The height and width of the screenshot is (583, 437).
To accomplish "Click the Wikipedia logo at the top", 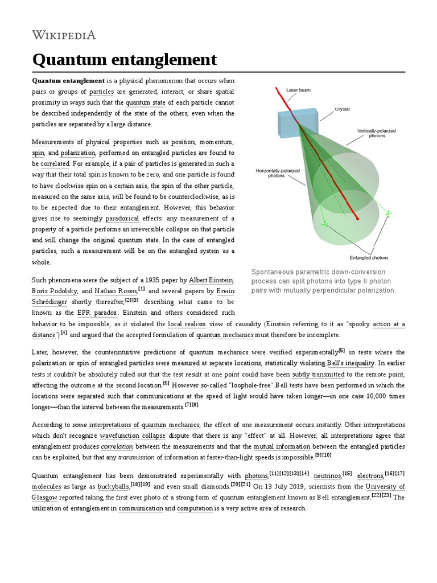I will pyautogui.click(x=64, y=35).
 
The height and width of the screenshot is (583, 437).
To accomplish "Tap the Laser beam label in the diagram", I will pyautogui.click(x=298, y=90).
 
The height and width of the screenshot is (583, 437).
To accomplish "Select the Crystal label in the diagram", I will pyautogui.click(x=342, y=109).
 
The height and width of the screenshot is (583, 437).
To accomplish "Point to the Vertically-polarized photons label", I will pyautogui.click(x=376, y=133).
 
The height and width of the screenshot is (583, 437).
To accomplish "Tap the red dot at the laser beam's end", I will pyautogui.click(x=357, y=218).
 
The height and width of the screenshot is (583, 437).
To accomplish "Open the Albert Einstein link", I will pyautogui.click(x=211, y=280).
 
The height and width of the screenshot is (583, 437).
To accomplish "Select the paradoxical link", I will pyautogui.click(x=122, y=219).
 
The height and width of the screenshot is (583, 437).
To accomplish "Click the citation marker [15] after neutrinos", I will pyautogui.click(x=347, y=473).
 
